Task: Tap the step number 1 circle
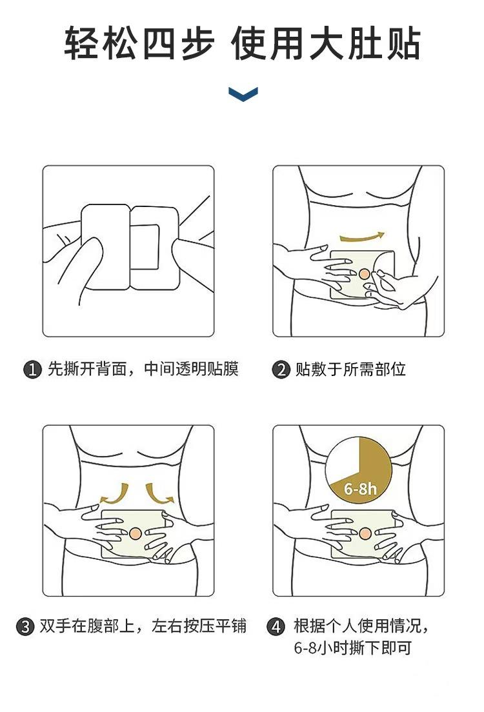click(x=32, y=370)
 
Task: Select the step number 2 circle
click(x=281, y=370)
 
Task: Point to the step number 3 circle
click(x=25, y=627)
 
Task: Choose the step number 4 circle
click(x=275, y=627)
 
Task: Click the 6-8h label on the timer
click(x=360, y=489)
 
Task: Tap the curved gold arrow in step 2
click(x=362, y=237)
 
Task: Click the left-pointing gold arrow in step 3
click(x=113, y=495)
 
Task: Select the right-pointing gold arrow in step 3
click(x=159, y=495)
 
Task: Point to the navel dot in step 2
click(x=365, y=274)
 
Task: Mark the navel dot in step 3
click(x=134, y=533)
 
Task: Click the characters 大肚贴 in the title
click(x=365, y=44)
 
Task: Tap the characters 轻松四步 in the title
click(x=139, y=44)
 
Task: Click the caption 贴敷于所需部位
click(x=350, y=370)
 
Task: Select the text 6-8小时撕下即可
click(x=352, y=648)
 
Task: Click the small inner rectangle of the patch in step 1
click(x=145, y=245)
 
